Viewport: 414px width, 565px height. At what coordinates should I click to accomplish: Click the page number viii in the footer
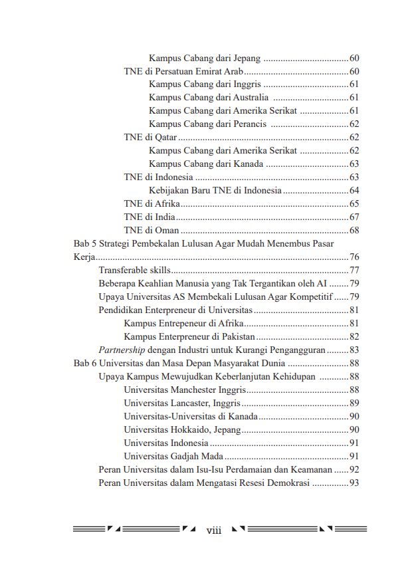coord(213,530)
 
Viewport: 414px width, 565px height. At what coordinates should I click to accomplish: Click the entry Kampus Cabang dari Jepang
coord(205,58)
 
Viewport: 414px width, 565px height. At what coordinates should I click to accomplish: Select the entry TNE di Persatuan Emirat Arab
coord(183,72)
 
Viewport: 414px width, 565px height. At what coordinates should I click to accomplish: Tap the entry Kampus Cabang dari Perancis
coord(207,124)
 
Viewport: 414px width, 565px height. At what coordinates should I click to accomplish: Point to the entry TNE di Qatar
coord(143,138)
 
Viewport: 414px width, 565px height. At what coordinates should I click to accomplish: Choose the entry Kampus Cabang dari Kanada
coord(206,164)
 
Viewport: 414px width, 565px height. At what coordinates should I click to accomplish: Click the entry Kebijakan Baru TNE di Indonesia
coord(215,190)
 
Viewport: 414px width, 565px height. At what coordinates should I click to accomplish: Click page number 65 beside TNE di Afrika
coord(354,203)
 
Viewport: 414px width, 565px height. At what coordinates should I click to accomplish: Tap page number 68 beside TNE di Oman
coord(354,230)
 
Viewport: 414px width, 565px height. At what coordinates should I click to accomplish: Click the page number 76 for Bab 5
coord(354,257)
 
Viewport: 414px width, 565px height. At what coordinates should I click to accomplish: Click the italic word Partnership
coord(122,349)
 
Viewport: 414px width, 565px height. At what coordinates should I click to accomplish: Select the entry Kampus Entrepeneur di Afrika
coord(183,323)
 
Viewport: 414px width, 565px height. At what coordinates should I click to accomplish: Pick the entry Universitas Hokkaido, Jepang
coord(182,429)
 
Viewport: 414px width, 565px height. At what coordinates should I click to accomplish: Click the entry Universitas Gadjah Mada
coord(173,456)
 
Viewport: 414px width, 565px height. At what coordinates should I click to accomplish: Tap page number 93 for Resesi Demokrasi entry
coord(354,483)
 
